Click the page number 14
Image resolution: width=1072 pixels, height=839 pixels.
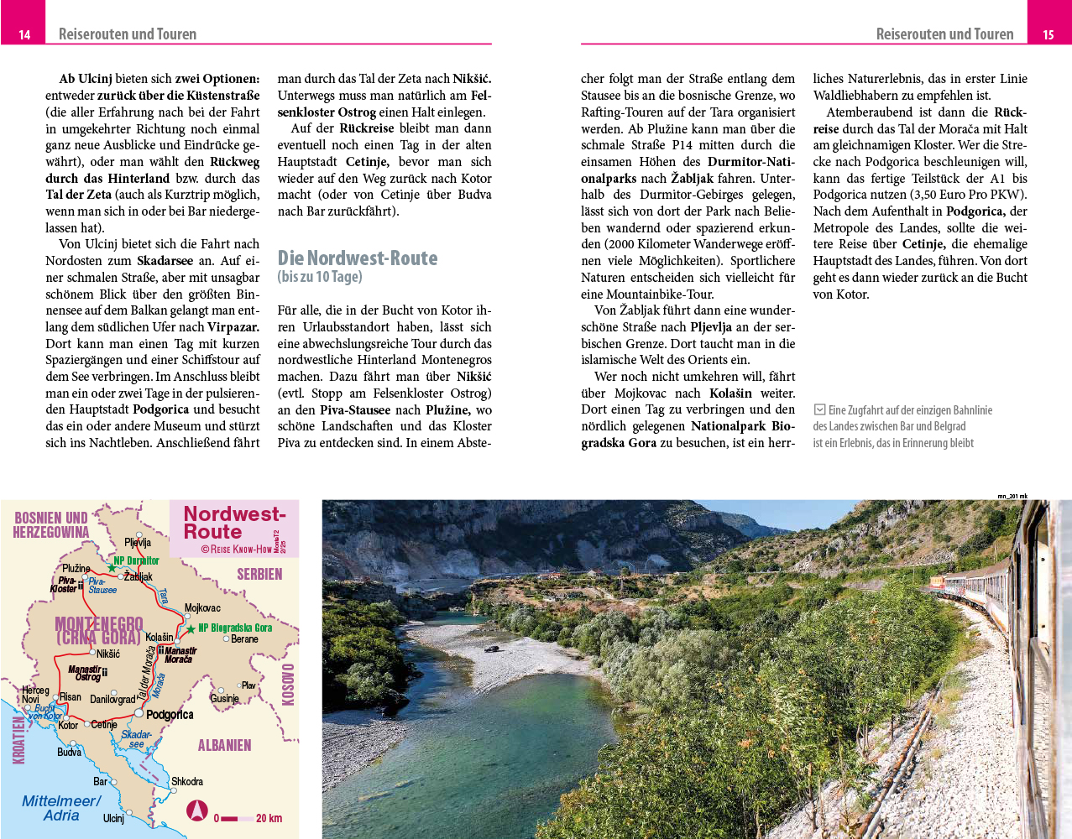[x=24, y=34]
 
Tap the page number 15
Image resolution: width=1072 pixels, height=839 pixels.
[x=1048, y=34]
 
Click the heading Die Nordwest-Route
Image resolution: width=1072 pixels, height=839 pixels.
[x=358, y=258]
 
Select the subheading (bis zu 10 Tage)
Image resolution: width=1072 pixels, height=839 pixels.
[x=320, y=277]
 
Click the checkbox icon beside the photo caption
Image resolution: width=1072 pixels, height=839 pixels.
[x=819, y=409]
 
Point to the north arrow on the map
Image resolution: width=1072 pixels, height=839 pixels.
[x=196, y=810]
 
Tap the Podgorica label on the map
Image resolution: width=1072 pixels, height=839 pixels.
[x=170, y=715]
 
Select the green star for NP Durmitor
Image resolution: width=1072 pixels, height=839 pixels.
[x=112, y=568]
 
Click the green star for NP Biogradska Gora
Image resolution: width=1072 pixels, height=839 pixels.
[x=191, y=628]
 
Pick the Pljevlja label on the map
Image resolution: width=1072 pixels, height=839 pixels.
[x=138, y=542]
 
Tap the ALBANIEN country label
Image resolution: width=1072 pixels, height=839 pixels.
[x=224, y=745]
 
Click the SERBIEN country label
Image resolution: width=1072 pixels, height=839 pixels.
[x=259, y=574]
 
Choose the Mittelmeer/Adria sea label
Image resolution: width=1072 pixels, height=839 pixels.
[x=61, y=808]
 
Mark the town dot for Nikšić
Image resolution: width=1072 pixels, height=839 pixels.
[x=92, y=652]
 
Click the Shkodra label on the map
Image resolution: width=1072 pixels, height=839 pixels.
[x=187, y=781]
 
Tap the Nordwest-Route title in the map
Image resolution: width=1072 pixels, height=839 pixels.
[x=234, y=523]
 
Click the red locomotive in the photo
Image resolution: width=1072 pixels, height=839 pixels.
[x=936, y=582]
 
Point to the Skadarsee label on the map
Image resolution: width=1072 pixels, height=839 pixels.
[x=136, y=739]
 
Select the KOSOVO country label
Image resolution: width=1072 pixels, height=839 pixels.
[x=288, y=685]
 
